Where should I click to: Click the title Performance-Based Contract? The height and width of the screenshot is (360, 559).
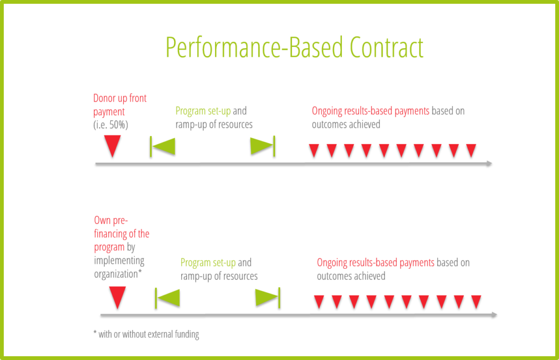coord(294,48)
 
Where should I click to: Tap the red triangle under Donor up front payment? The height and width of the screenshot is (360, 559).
coord(112,145)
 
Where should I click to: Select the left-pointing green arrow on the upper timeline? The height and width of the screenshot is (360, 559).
coord(163,146)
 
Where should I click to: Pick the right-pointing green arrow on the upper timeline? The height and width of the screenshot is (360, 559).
coord(262,146)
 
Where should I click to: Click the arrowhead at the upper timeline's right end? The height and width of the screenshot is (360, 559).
coord(489,163)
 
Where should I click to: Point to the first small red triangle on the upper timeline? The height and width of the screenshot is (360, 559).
coord(313,150)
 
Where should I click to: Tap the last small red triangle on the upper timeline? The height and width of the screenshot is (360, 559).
coord(471,150)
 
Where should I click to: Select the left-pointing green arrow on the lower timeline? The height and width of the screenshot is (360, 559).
coord(168,297)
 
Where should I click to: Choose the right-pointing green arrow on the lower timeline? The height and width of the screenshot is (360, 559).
coord(267,297)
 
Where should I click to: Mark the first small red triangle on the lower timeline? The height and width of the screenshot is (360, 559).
coord(319,302)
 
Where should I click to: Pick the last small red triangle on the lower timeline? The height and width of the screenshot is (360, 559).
coord(476,302)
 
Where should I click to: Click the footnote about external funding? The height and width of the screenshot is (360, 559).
coord(146,334)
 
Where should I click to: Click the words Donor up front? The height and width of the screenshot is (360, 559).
coord(120,99)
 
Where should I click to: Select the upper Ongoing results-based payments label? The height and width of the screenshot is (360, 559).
coord(370,111)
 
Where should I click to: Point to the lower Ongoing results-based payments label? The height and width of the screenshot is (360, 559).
coord(376,263)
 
